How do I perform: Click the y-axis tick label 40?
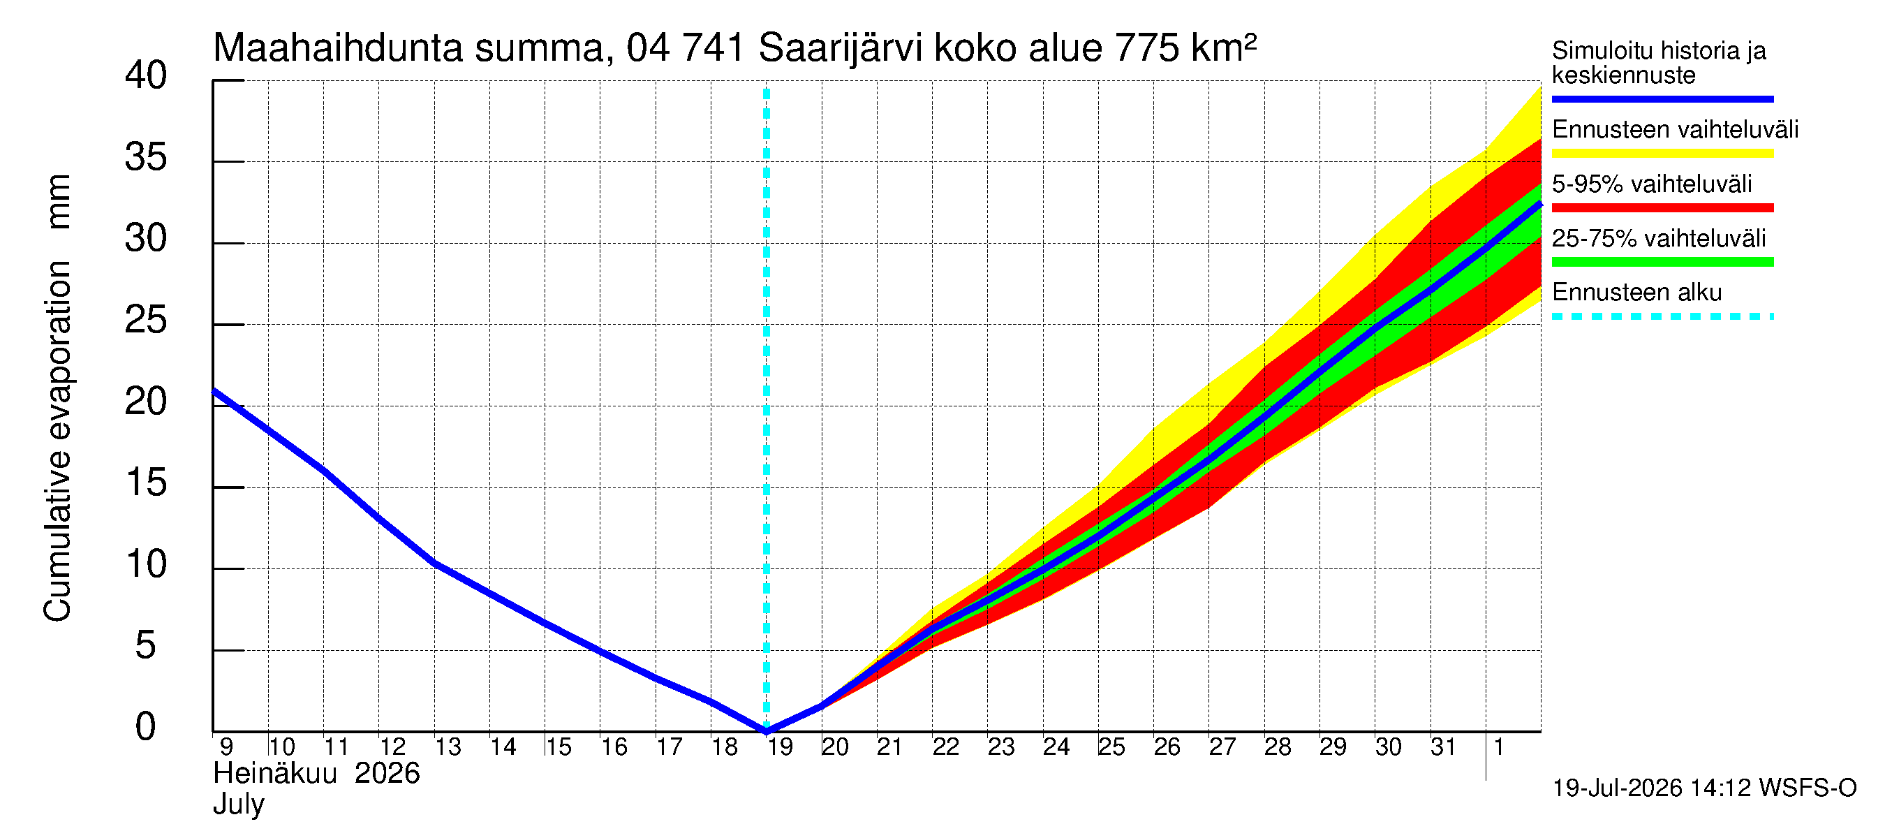click(146, 75)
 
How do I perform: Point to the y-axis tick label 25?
click(146, 320)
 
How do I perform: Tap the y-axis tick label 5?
click(146, 645)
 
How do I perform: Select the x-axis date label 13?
click(448, 747)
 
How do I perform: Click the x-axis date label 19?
click(780, 747)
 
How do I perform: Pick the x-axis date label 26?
click(1167, 747)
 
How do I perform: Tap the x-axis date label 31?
click(1443, 747)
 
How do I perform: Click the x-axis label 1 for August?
click(1498, 747)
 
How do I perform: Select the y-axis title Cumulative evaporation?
click(57, 441)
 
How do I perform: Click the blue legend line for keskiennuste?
click(1662, 98)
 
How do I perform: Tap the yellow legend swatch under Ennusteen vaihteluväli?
click(1662, 153)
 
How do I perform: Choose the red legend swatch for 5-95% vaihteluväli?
click(1662, 208)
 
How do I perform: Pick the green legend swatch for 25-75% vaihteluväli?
click(1662, 262)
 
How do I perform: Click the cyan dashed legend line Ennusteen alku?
click(1662, 316)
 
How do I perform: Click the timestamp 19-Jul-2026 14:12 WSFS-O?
click(1704, 788)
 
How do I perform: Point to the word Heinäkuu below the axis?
click(275, 774)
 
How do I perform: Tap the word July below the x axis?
click(239, 804)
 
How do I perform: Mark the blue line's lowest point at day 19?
click(766, 730)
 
